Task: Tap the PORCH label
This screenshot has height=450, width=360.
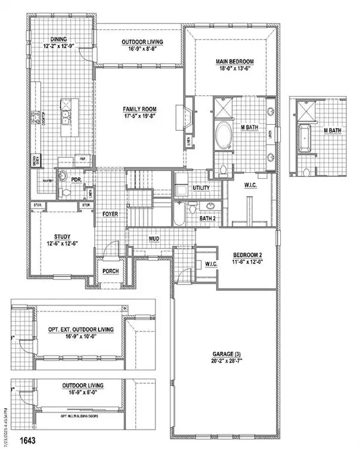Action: click(110, 271)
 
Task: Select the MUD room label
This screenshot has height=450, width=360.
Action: click(154, 239)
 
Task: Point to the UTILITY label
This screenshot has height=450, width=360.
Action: click(201, 188)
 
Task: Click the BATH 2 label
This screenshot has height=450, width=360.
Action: click(208, 218)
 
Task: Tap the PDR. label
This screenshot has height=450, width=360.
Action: click(77, 178)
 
